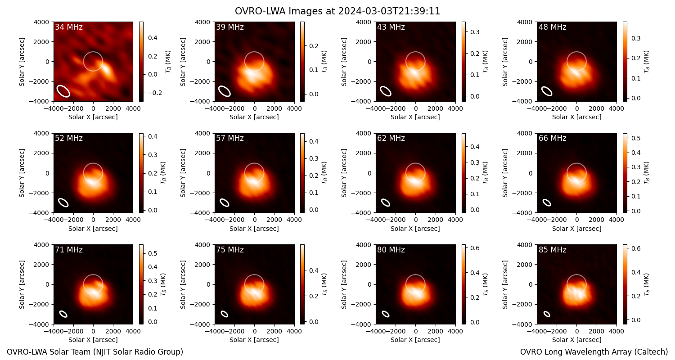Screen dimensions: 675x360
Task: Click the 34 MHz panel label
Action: [x=69, y=27]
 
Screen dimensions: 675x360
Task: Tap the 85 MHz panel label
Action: [x=552, y=250]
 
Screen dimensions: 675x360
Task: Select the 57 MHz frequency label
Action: [x=230, y=138]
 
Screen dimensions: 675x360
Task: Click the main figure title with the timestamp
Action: [x=337, y=11]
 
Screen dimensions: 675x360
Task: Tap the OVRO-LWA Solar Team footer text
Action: [x=95, y=352]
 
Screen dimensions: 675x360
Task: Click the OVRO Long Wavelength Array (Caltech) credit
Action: [x=594, y=352]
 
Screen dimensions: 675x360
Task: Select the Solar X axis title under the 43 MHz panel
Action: [x=415, y=117]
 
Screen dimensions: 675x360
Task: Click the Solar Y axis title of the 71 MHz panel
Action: [x=22, y=284]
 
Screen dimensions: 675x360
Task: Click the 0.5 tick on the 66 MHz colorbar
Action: [x=636, y=138]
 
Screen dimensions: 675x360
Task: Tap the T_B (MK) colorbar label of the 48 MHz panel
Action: [x=646, y=62]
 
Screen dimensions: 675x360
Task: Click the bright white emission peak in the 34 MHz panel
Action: [x=107, y=70]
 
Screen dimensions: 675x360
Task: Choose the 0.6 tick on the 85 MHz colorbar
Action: [x=636, y=248]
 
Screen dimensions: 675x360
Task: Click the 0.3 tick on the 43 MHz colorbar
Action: [x=475, y=32]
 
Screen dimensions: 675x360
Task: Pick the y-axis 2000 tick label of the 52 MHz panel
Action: [x=41, y=153]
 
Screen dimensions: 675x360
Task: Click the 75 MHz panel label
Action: [x=230, y=250]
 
